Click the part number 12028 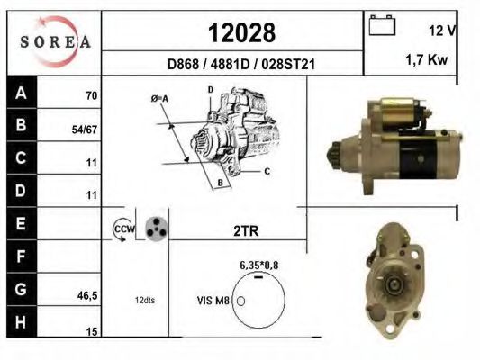[241, 32]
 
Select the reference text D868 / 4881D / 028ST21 [240, 65]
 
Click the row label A [21, 94]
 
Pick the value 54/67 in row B [85, 130]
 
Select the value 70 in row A [91, 94]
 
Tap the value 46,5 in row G [87, 294]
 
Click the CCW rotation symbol [122, 230]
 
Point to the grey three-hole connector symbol [157, 229]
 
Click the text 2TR [245, 231]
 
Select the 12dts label [145, 300]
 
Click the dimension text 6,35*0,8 [258, 265]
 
